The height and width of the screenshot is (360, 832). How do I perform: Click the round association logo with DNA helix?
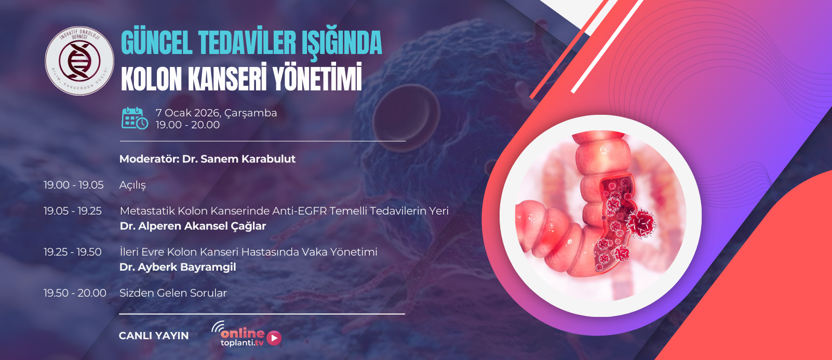(79, 61)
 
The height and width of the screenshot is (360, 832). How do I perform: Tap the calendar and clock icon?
(135, 118)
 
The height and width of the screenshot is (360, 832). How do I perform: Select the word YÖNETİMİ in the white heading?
(317, 78)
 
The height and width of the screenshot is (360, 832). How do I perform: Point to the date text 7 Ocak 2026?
(189, 113)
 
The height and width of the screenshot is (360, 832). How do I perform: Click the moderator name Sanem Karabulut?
(248, 159)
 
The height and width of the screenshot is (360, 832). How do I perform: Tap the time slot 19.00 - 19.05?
(74, 184)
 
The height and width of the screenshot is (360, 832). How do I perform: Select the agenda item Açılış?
(132, 185)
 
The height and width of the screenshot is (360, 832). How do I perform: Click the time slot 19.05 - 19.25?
(72, 211)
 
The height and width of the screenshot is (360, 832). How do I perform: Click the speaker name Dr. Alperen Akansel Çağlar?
(193, 226)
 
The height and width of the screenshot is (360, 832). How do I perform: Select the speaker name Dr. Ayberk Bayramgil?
(178, 266)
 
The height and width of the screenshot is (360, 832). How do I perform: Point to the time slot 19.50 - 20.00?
(75, 293)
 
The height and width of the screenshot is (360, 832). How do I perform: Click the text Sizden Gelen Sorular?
(173, 293)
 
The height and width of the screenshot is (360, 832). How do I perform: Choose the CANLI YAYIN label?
(154, 336)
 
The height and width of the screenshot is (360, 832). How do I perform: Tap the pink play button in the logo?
(274, 338)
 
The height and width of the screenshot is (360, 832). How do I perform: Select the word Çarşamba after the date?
(251, 113)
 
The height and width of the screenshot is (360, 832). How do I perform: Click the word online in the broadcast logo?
(243, 334)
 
